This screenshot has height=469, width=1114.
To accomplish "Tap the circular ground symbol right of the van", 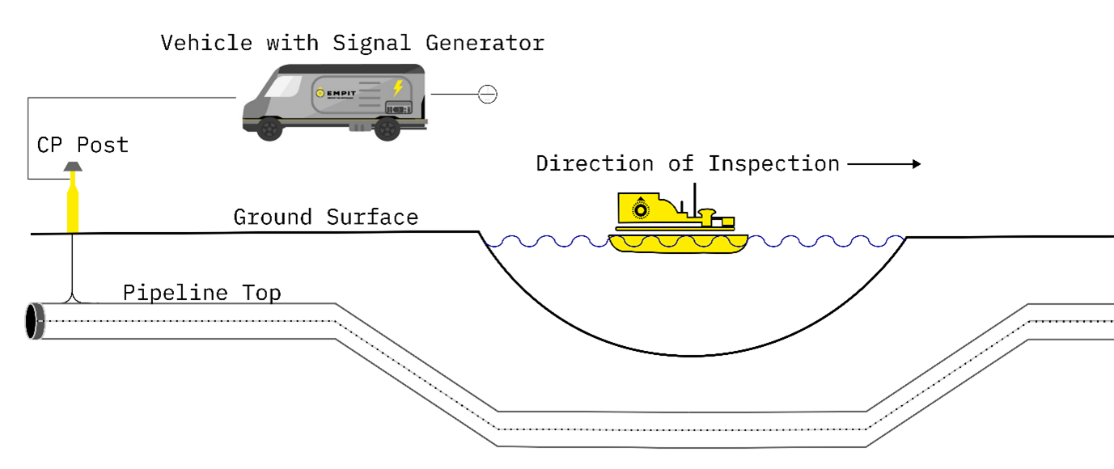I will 487,95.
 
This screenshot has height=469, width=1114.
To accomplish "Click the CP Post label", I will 83,146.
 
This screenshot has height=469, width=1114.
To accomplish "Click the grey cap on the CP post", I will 73,166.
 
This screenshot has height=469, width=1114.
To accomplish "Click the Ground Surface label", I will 325,217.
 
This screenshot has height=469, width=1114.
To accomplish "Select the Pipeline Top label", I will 201,292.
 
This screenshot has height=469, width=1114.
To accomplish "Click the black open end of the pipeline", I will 34,321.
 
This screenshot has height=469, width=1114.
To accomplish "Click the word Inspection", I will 774,164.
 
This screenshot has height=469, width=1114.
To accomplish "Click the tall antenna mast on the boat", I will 694,197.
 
